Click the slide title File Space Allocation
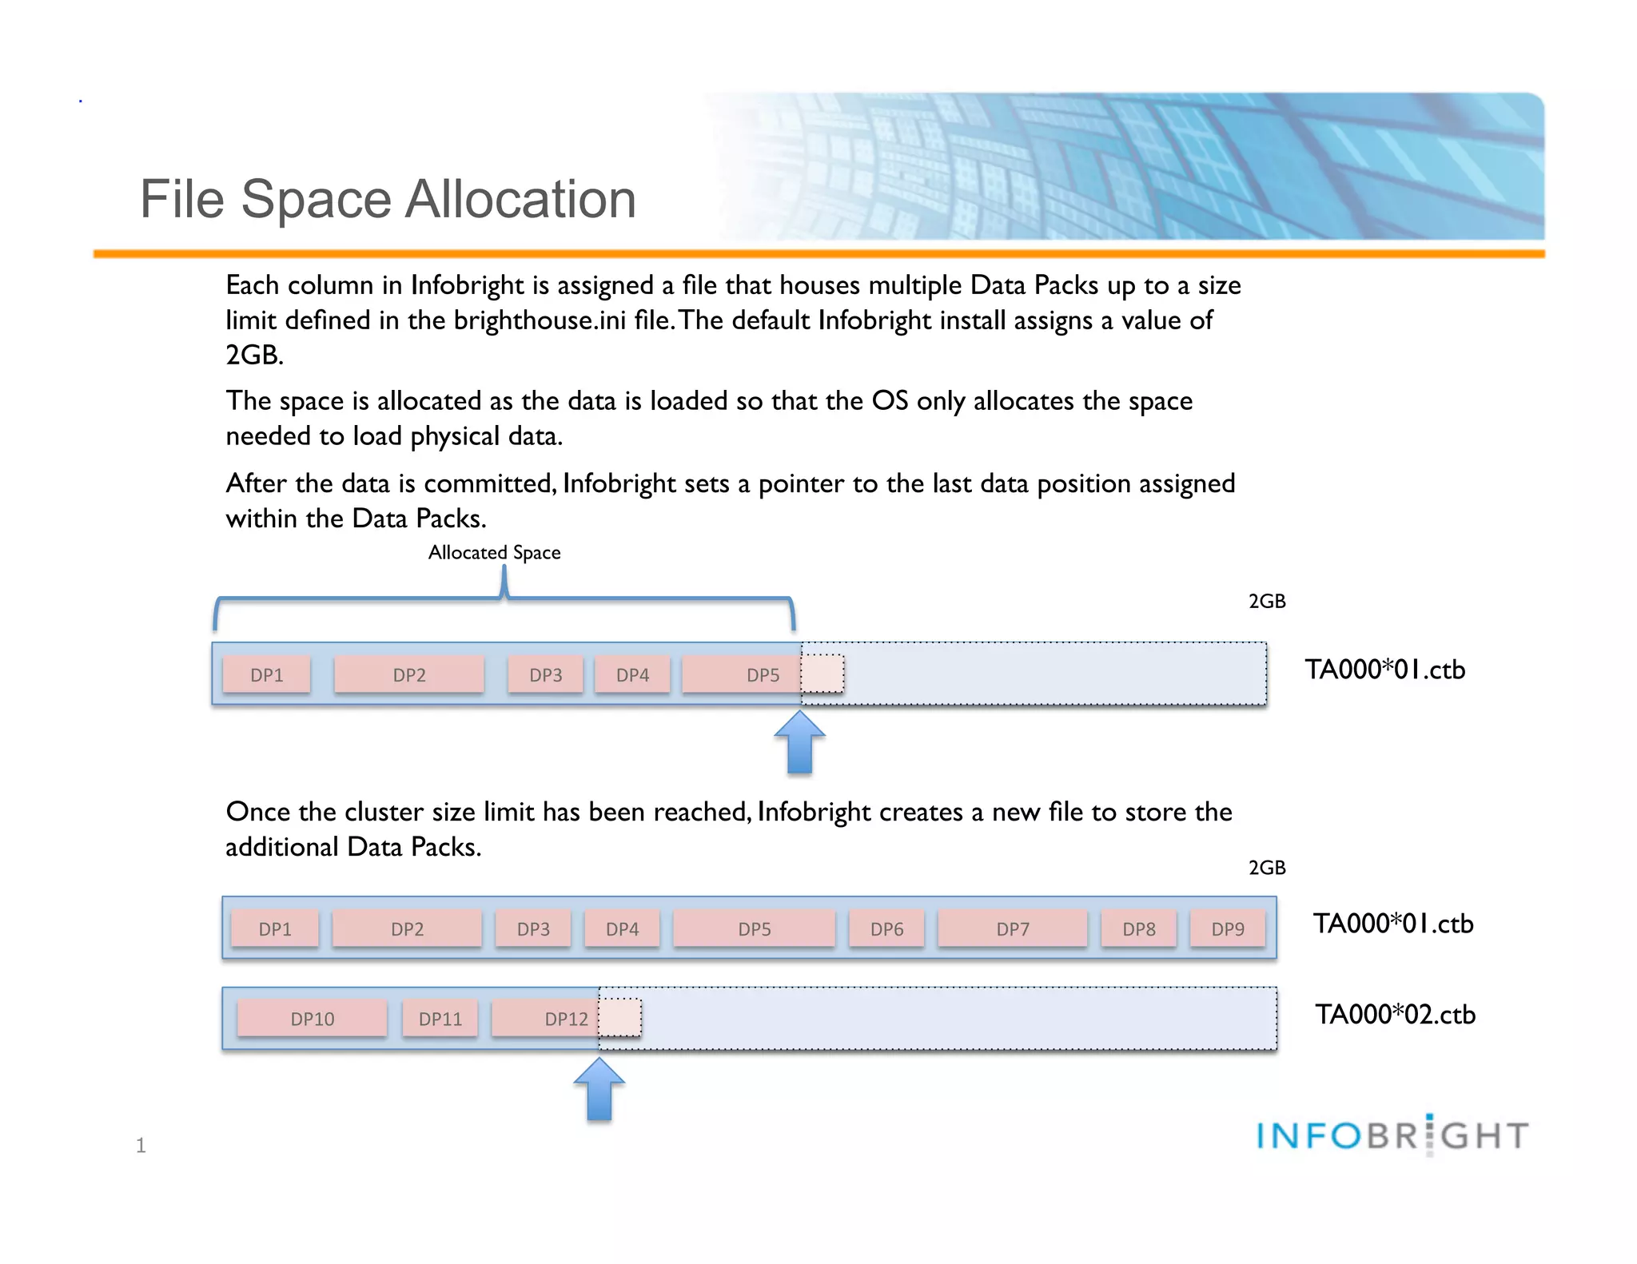coord(388,199)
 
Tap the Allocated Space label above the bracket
coord(494,553)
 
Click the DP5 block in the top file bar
coord(742,675)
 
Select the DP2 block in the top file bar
coord(409,675)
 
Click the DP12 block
coord(546,1019)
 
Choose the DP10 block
coord(313,1019)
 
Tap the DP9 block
coord(1228,929)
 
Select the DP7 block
coord(1013,929)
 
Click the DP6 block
coord(886,929)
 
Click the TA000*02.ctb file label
coord(1396,1015)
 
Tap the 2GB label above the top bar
coord(1267,602)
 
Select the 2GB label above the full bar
coord(1267,868)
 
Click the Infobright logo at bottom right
coord(1392,1135)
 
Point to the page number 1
coord(141,1146)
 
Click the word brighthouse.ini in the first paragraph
coord(540,320)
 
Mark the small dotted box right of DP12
coord(620,1018)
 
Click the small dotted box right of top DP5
coord(822,674)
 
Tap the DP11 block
coord(440,1019)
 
